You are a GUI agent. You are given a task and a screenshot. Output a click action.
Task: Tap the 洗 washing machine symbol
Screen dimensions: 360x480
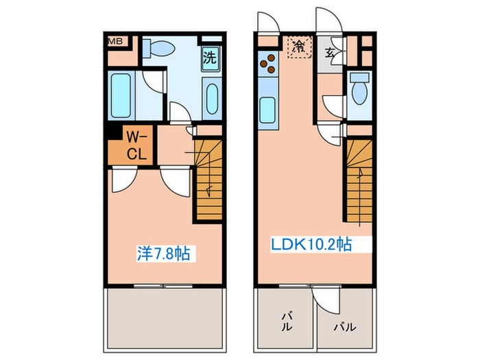211,57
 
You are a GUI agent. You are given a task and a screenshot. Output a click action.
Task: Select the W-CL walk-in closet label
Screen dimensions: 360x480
136,145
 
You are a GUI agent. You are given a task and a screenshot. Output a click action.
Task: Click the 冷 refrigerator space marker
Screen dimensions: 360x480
299,47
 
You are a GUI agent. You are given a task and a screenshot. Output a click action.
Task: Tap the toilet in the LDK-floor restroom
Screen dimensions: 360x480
359,88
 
